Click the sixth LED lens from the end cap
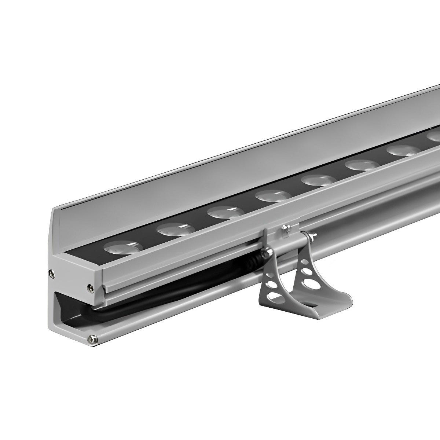click(x=361, y=165)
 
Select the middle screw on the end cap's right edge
click(x=89, y=286)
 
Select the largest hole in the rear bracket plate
click(x=304, y=274)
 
